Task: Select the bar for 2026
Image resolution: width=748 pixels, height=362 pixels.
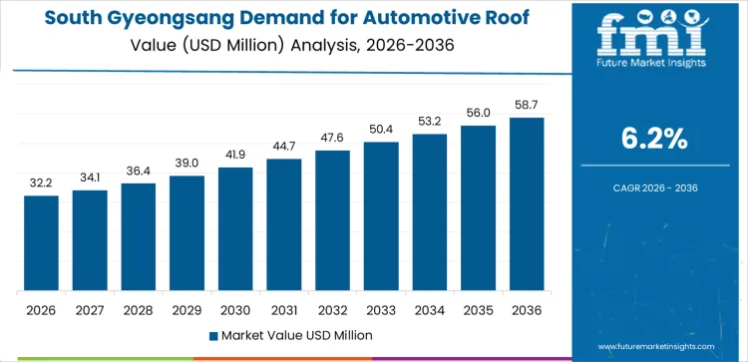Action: click(x=42, y=243)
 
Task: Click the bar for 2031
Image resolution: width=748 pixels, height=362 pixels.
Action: click(x=284, y=224)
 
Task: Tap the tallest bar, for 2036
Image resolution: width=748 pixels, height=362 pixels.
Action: click(x=527, y=204)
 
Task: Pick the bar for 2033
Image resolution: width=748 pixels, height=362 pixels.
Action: click(x=381, y=216)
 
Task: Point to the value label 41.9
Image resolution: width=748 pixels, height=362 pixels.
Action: click(x=235, y=156)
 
